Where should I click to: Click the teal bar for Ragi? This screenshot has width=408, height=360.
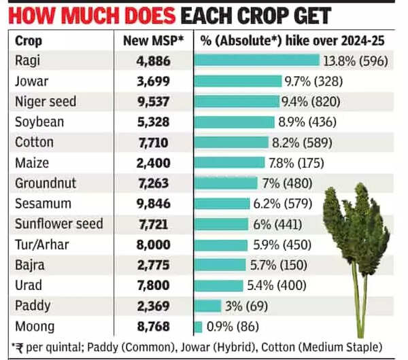click(257, 60)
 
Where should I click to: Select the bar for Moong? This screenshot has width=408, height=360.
click(199, 326)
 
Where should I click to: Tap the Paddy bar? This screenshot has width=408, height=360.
click(208, 306)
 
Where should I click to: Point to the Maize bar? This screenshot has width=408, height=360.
click(229, 162)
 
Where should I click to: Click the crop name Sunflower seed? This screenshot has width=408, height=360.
click(59, 224)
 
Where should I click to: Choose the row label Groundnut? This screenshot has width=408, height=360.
click(46, 183)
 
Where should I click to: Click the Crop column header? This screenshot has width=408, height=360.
click(29, 40)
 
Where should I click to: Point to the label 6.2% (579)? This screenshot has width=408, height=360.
click(283, 204)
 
